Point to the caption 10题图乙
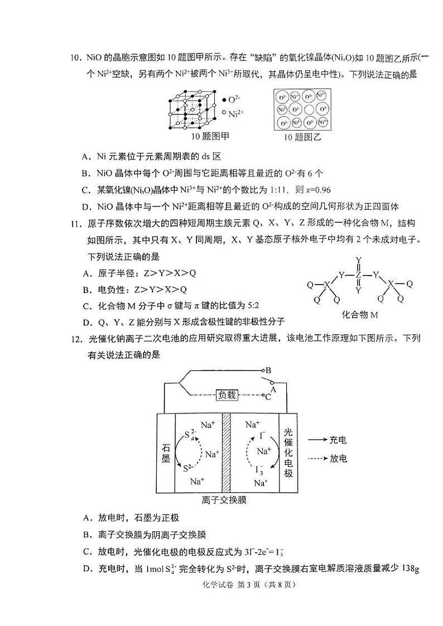pyautogui.click(x=302, y=137)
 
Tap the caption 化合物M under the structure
pyautogui.click(x=360, y=315)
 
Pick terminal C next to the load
pyautogui.click(x=268, y=396)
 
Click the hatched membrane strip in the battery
pyautogui.click(x=226, y=452)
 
